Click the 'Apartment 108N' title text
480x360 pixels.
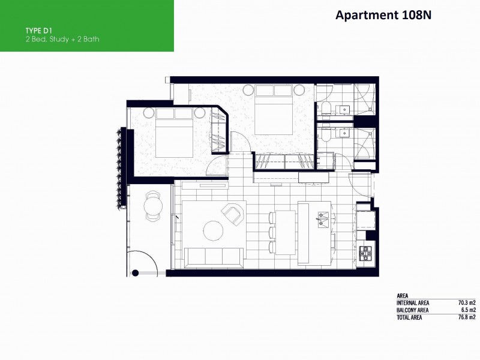(383, 15)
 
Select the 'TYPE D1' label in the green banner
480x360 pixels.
(37, 30)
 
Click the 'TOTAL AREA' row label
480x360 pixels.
(410, 317)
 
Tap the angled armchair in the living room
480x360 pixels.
(233, 213)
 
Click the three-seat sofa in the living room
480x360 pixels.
(213, 256)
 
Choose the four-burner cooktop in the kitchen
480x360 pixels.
(365, 255)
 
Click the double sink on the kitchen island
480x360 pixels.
(323, 220)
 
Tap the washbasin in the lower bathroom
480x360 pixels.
(344, 133)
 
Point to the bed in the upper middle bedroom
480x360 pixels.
(274, 111)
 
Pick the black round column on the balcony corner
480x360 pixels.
(135, 273)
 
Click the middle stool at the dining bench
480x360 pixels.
(273, 232)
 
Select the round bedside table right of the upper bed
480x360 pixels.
(299, 91)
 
